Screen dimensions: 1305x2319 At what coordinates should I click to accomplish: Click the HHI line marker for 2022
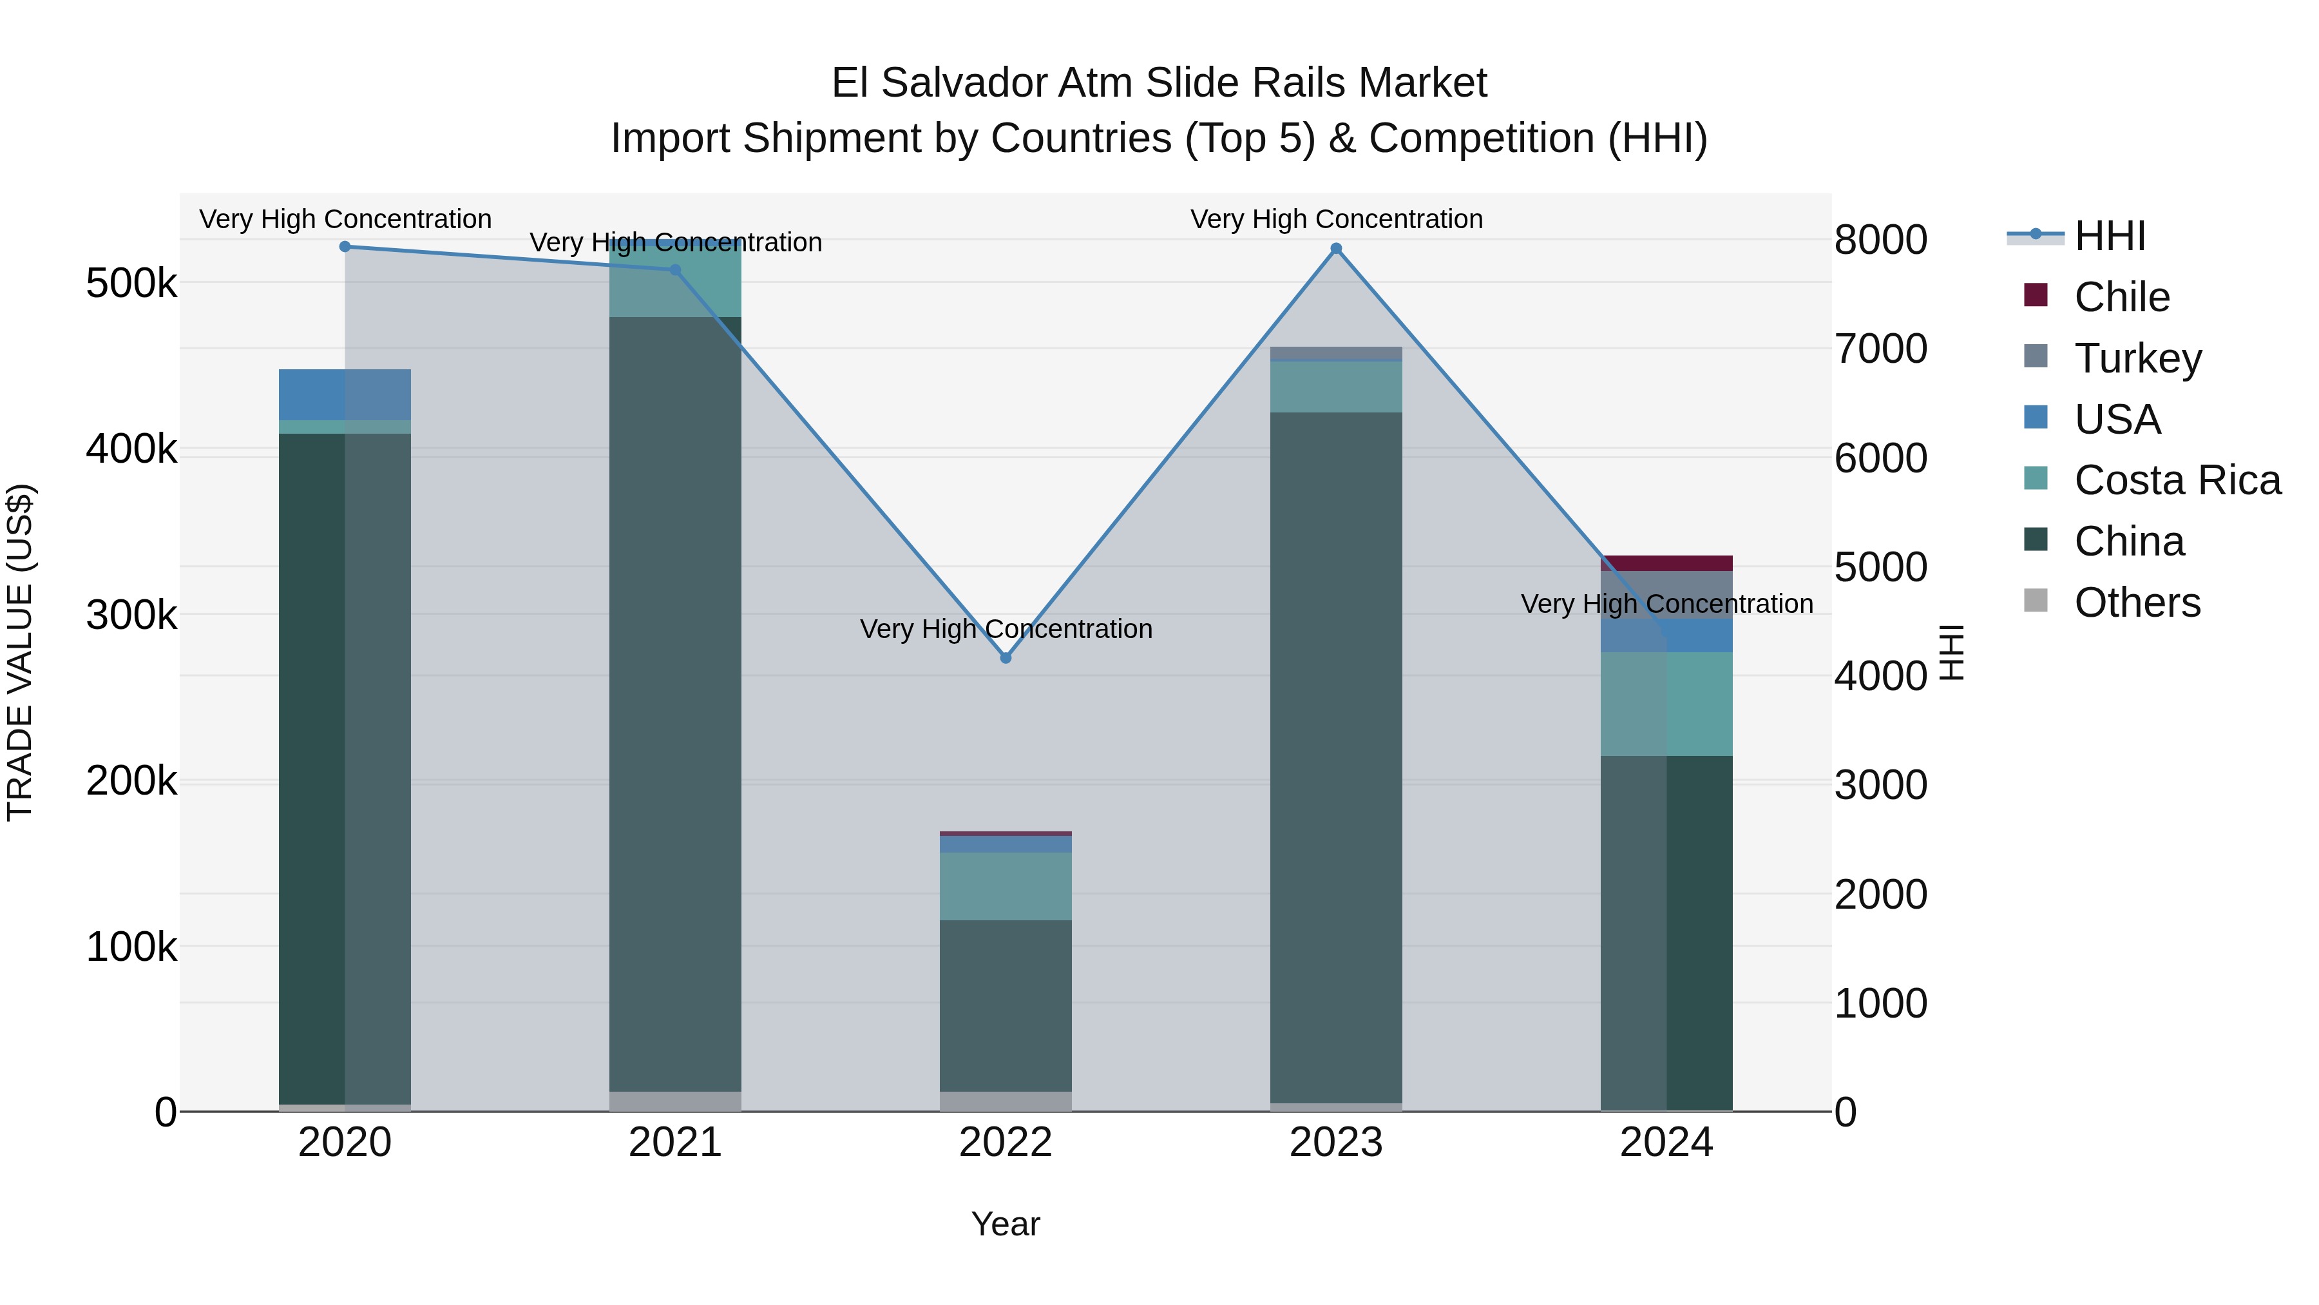tap(1006, 657)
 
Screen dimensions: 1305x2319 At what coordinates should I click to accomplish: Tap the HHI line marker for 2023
tap(1336, 249)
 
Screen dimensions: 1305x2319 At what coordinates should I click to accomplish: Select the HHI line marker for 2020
tap(345, 247)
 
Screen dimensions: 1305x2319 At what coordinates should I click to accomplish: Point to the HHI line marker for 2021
tap(675, 269)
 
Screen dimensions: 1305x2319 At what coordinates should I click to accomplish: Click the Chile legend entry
tap(2121, 297)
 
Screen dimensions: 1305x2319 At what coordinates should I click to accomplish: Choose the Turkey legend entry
tap(2137, 358)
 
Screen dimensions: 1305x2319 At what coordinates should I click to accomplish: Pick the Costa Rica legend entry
tap(2176, 480)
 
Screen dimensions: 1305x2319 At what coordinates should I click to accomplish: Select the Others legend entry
tap(2136, 603)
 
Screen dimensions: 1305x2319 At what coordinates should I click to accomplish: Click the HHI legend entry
tap(2109, 236)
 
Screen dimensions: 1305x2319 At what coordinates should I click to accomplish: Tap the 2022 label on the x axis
tap(1006, 1143)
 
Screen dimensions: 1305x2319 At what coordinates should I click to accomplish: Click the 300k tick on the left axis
tap(131, 616)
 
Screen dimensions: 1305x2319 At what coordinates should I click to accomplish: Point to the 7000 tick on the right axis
tap(1880, 349)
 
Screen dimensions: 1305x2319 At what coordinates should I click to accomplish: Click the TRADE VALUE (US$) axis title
tap(20, 652)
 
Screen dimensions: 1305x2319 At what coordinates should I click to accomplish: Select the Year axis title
tap(1006, 1224)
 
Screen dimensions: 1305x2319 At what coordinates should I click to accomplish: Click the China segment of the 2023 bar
tap(1336, 757)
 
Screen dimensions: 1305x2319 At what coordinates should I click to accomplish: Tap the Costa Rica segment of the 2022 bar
tap(1006, 886)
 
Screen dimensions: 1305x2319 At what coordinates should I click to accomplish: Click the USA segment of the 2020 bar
tap(345, 394)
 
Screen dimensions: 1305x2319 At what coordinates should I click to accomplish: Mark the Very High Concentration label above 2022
tap(1006, 628)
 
